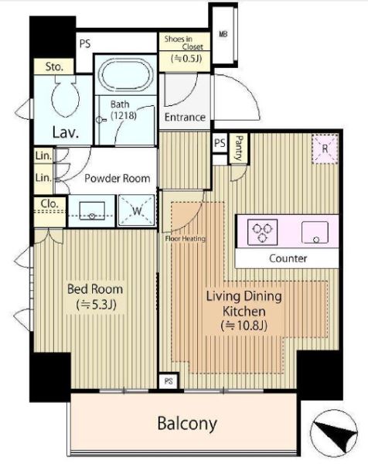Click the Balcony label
(x=187, y=424)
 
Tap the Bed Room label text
(x=95, y=289)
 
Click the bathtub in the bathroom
(x=126, y=75)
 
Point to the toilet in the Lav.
(x=66, y=97)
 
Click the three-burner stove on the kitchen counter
(x=262, y=232)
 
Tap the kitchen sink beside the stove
(x=315, y=232)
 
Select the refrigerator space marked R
(x=325, y=148)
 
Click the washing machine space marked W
(x=137, y=210)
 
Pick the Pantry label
(x=239, y=148)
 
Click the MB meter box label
(x=223, y=34)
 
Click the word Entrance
(x=185, y=118)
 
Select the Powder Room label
(x=118, y=179)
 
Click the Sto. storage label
(x=54, y=67)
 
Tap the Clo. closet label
(x=49, y=203)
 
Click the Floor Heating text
(x=186, y=238)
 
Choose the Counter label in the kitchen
(x=288, y=258)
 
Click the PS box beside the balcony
(x=169, y=380)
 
